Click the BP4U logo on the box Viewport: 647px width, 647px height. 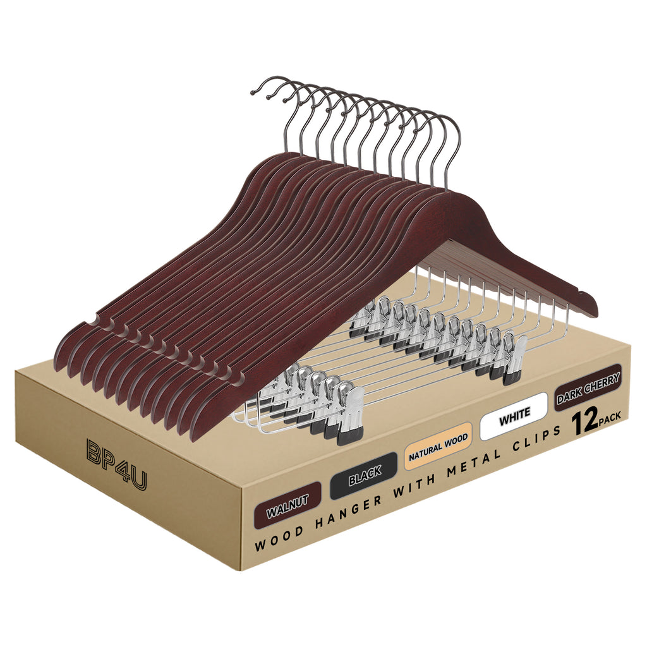[117, 464]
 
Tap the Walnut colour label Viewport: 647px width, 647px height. [288, 502]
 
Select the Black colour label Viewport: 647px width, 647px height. [363, 476]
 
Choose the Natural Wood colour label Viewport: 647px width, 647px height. [438, 446]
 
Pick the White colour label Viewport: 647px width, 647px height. [514, 416]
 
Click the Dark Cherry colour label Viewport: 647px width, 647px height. [588, 387]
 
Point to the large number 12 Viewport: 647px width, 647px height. [585, 423]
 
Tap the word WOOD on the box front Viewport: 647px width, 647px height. [279, 537]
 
